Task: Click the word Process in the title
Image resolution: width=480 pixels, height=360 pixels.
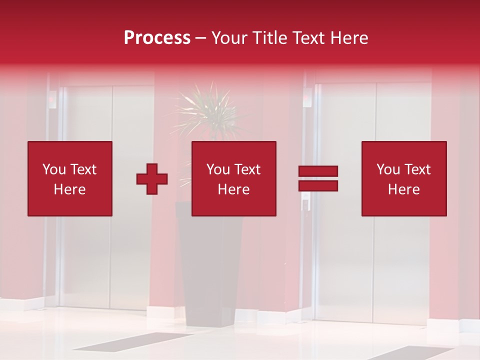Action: pos(157,38)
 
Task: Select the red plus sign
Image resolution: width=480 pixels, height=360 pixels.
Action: pos(152,178)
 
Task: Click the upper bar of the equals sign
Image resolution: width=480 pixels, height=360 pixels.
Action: pos(318,171)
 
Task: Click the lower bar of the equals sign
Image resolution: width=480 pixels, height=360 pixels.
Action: pos(318,186)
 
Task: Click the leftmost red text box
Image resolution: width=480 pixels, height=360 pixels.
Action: pos(70,178)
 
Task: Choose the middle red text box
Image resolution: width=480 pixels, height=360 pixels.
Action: pos(234,178)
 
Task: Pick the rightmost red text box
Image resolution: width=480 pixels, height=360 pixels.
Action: pos(404,178)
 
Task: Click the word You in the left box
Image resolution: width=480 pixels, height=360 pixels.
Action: pos(54,169)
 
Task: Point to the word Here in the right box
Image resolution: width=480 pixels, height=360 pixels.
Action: pos(404,189)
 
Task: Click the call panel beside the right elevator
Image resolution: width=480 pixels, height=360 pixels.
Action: pos(308,96)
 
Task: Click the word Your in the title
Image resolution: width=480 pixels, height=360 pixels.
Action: pos(230,38)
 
